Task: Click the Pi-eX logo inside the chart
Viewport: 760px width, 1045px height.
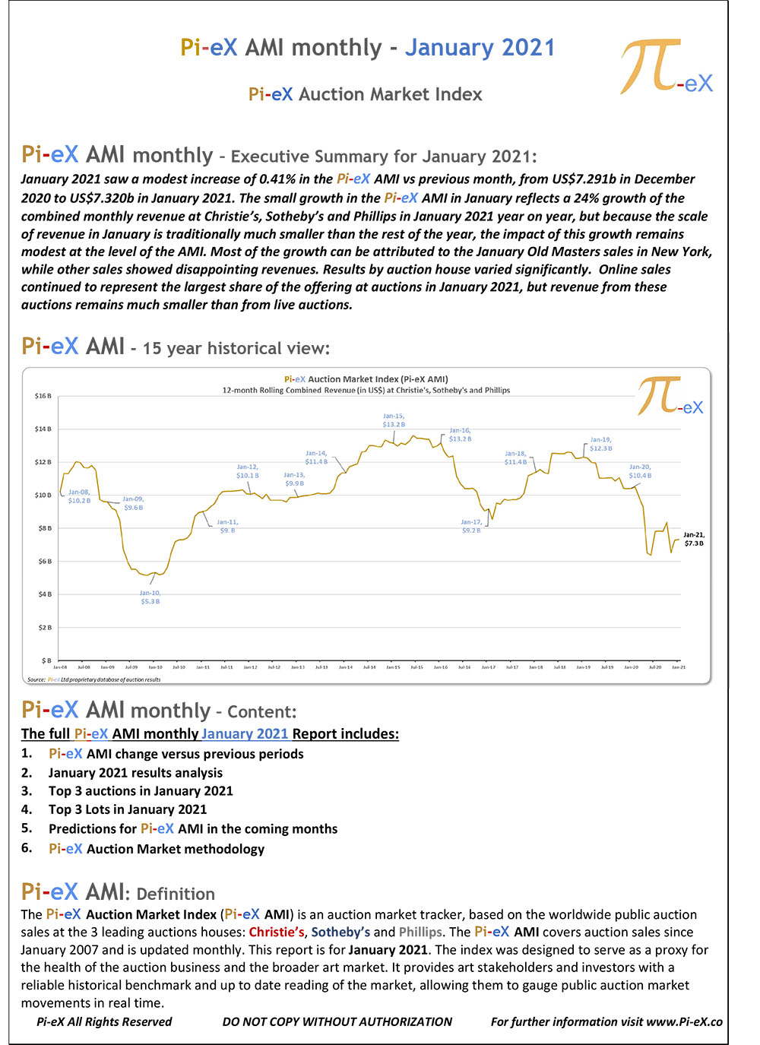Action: [x=670, y=397]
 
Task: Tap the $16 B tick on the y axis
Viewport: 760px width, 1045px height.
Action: [x=43, y=396]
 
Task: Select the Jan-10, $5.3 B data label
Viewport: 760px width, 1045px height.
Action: [x=150, y=597]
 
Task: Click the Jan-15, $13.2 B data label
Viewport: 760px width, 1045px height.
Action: [x=394, y=420]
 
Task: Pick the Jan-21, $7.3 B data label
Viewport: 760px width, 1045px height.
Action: [x=694, y=539]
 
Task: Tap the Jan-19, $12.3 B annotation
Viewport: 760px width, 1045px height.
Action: [x=600, y=444]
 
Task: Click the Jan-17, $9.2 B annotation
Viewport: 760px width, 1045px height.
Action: [x=471, y=526]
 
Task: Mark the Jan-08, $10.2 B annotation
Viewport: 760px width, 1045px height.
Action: [x=79, y=496]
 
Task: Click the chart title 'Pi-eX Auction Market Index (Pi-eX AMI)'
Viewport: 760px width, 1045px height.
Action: [x=366, y=378]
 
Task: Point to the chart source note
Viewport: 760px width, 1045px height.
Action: [x=94, y=679]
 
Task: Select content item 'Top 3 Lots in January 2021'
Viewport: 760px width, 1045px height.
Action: [x=128, y=809]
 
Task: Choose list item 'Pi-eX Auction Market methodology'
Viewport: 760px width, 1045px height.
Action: [x=157, y=849]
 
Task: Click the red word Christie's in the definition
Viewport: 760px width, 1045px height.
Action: [x=277, y=932]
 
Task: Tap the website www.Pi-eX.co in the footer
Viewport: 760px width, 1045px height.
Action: [x=684, y=1021]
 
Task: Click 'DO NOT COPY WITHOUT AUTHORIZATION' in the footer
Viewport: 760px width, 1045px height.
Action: [x=337, y=1021]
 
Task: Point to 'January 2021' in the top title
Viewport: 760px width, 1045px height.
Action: [x=480, y=48]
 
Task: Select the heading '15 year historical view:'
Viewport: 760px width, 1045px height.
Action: [x=236, y=348]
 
